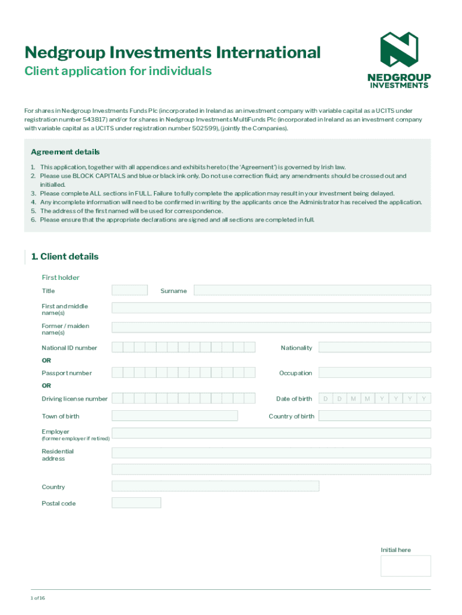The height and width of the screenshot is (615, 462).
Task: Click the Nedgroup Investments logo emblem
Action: tap(399, 49)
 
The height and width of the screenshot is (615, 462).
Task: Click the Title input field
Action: tap(130, 291)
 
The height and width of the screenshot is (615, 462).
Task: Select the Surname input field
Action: tap(312, 291)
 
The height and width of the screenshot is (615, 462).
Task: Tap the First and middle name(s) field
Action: tap(271, 307)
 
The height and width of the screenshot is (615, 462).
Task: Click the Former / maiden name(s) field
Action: tap(271, 327)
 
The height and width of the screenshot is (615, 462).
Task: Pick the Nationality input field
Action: tap(374, 347)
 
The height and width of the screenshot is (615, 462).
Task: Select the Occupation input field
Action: tap(374, 372)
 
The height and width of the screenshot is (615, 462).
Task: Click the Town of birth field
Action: tap(175, 416)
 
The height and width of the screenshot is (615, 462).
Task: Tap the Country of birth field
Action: tap(374, 416)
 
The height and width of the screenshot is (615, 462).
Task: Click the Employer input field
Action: tap(271, 433)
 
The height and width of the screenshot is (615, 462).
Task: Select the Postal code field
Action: tap(136, 503)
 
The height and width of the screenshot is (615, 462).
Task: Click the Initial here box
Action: tap(406, 566)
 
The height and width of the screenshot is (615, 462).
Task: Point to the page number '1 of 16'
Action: tap(38, 598)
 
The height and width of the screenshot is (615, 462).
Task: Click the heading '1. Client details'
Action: tap(65, 256)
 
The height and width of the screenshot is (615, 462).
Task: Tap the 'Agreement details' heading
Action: tap(65, 152)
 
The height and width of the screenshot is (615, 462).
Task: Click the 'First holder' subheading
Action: tap(61, 277)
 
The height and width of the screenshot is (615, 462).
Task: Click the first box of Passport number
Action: tap(118, 372)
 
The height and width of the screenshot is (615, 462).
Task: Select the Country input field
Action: tap(215, 486)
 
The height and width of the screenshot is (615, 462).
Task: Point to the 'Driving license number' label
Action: tap(74, 399)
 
